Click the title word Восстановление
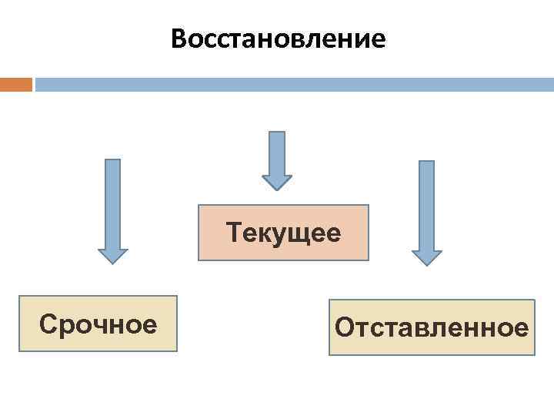point(278,39)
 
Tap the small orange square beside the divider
point(15,84)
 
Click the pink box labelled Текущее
point(283,233)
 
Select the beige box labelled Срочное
point(98,324)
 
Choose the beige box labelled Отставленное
point(432,327)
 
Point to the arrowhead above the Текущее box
point(277,181)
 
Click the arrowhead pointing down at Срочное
point(112,255)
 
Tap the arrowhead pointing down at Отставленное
point(426,257)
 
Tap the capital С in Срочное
point(48,324)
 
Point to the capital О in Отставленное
point(344,329)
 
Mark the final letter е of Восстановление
point(378,39)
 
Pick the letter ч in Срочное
point(98,325)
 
